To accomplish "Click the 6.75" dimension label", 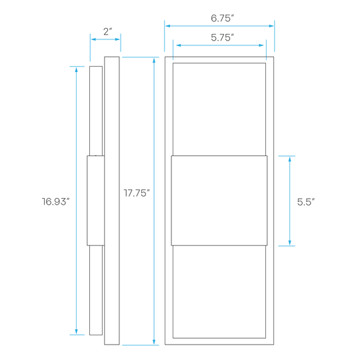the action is pyautogui.click(x=222, y=19).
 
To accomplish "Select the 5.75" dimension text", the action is pyautogui.click(x=222, y=37).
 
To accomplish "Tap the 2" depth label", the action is pyautogui.click(x=107, y=32).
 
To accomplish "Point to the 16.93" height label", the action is pyautogui.click(x=55, y=201).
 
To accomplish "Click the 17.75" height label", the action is pyautogui.click(x=137, y=193).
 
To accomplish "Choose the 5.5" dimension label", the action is pyautogui.click(x=306, y=202).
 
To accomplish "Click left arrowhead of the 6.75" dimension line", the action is pyautogui.click(x=168, y=26).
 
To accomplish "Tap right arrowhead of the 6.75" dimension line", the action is pyautogui.click(x=271, y=26).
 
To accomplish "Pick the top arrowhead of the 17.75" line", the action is pyautogui.click(x=154, y=61).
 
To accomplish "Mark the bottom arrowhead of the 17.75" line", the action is pyautogui.click(x=154, y=341).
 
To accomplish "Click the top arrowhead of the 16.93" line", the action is pyautogui.click(x=77, y=69).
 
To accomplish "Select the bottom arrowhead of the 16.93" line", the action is pyautogui.click(x=77, y=331).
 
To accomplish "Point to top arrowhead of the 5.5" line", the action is pyautogui.click(x=290, y=159).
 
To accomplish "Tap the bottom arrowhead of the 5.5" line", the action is pyautogui.click(x=290, y=243).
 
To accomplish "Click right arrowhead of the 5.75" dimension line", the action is pyautogui.click(x=261, y=45).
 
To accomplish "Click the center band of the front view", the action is pyautogui.click(x=219, y=201).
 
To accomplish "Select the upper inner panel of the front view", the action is pyautogui.click(x=219, y=109).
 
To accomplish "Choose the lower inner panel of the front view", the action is pyautogui.click(x=219, y=292).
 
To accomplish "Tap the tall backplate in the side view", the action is pyautogui.click(x=112, y=201).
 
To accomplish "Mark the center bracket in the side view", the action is pyautogui.click(x=96, y=201).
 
